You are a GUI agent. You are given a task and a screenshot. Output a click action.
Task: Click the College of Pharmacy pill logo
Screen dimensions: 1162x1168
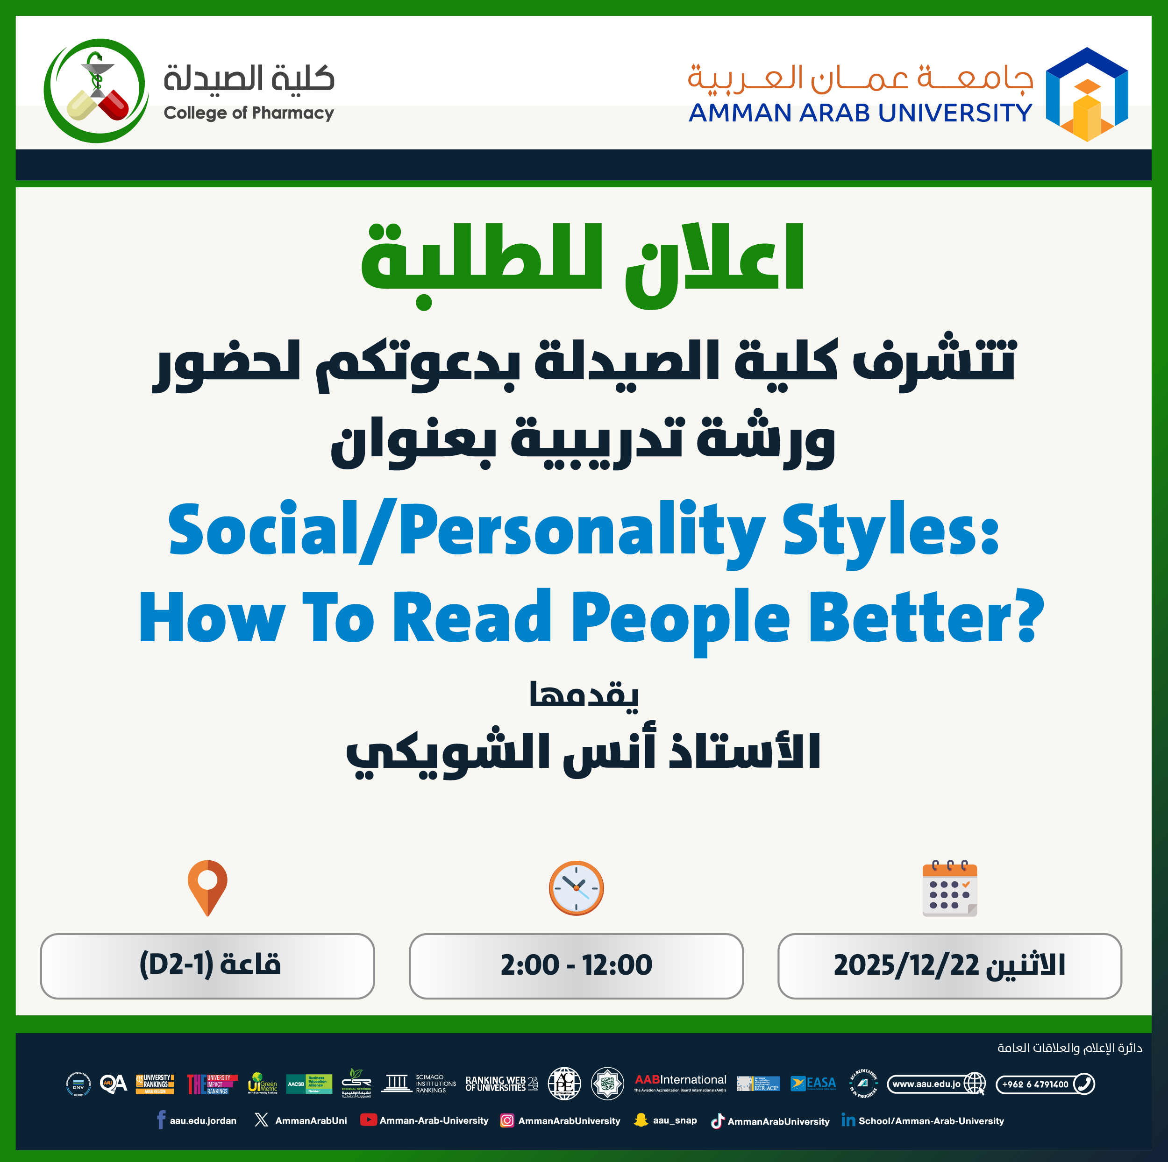click(x=96, y=91)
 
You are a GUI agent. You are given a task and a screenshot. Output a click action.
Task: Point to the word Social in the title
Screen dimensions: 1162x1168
click(x=263, y=530)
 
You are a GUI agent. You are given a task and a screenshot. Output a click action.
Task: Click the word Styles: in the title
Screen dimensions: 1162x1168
click(x=890, y=530)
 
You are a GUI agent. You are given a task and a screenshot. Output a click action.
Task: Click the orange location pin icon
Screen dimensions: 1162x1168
click(x=207, y=887)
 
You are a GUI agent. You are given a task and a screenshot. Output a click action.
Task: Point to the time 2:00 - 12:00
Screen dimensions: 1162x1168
click(x=576, y=965)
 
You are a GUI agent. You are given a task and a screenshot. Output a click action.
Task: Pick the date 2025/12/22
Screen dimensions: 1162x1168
click(x=905, y=965)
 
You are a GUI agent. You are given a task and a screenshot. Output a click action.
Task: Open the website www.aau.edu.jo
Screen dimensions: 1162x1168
click(x=926, y=1084)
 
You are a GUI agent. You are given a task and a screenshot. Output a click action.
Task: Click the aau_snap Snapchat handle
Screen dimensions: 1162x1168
click(x=675, y=1120)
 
